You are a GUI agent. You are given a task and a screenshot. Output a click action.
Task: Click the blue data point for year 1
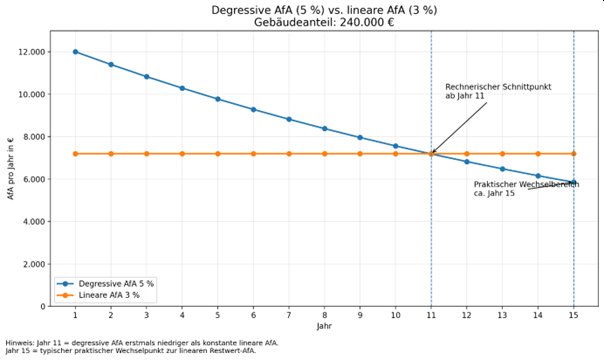[76, 52]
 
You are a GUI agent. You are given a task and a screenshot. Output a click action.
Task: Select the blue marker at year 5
[218, 99]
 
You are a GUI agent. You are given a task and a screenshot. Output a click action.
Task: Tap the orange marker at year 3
[146, 154]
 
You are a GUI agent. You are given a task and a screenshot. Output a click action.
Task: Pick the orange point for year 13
[502, 154]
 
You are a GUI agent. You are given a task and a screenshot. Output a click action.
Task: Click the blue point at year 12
[467, 162]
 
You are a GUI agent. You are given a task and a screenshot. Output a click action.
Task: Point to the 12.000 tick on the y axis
[31, 52]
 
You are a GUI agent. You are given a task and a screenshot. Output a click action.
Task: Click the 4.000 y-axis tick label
[33, 222]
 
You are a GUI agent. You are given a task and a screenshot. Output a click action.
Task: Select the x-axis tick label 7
[289, 315]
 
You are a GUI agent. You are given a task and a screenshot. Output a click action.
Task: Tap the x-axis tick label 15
[574, 315]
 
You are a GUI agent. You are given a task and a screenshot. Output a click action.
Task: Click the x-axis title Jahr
[324, 326]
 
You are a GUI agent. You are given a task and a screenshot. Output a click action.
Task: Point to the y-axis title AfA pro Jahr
[10, 169]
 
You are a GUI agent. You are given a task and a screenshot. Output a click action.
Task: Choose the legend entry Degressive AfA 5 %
[116, 284]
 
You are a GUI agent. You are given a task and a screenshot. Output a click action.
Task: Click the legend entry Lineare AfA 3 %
[109, 295]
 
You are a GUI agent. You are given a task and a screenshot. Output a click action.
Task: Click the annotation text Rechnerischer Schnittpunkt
[498, 87]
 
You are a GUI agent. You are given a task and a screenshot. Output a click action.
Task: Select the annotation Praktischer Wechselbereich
[526, 184]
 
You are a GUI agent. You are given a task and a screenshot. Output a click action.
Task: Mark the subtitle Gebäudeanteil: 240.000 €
[324, 22]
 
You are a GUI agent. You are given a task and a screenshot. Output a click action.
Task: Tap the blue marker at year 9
[360, 137]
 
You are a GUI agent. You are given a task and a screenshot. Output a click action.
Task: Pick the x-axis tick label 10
[396, 315]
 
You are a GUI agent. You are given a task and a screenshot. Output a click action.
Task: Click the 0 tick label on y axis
[43, 307]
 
